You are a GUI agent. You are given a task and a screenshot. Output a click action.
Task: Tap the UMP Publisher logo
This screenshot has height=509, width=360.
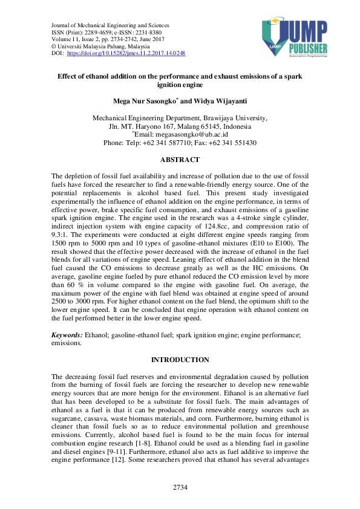point(294,37)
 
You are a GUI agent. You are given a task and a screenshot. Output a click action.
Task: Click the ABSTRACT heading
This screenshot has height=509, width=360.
point(179,160)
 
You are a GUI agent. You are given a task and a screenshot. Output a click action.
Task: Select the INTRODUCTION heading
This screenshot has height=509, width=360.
point(180,360)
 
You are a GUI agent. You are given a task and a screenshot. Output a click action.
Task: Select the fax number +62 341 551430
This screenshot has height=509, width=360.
point(233,143)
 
